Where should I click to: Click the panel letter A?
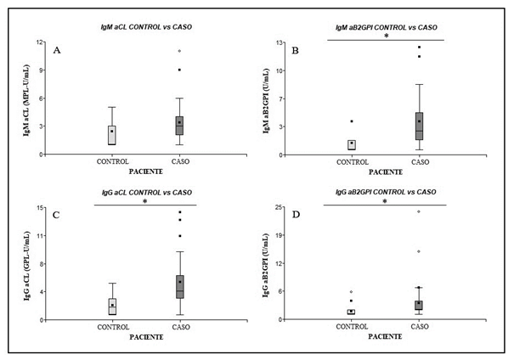(x=57, y=50)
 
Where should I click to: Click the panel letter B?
(x=295, y=50)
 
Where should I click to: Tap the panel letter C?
(x=57, y=216)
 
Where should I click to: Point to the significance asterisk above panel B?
(x=386, y=37)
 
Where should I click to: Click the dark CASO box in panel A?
(x=179, y=125)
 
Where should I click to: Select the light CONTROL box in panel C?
(x=113, y=306)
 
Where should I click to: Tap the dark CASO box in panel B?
(x=420, y=126)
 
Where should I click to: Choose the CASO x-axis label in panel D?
(x=420, y=327)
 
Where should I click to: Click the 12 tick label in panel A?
(x=39, y=42)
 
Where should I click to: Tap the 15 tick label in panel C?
(x=39, y=207)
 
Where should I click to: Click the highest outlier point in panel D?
(x=419, y=211)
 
